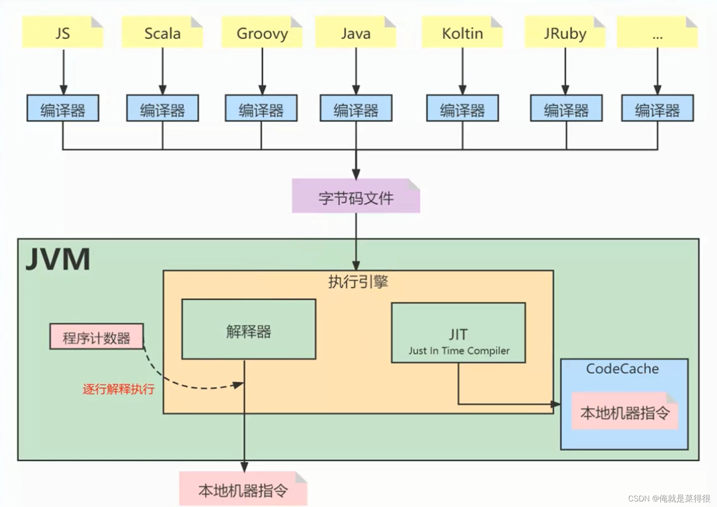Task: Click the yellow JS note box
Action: [63, 33]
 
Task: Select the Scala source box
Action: [162, 33]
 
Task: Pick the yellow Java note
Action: [356, 33]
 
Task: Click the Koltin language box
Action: [462, 33]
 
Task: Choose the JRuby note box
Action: [565, 33]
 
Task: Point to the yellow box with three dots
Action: [657, 33]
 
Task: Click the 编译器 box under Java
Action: [356, 109]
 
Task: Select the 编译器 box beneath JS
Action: [63, 109]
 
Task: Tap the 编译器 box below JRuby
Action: [566, 109]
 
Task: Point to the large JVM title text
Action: [58, 259]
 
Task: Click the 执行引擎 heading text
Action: [358, 282]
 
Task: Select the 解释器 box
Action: [248, 329]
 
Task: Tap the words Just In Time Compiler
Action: [459, 351]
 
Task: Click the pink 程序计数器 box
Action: [97, 337]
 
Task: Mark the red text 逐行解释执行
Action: [118, 389]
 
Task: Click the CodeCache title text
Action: [622, 369]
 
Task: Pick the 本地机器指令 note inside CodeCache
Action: [625, 412]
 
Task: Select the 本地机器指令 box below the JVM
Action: [243, 489]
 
